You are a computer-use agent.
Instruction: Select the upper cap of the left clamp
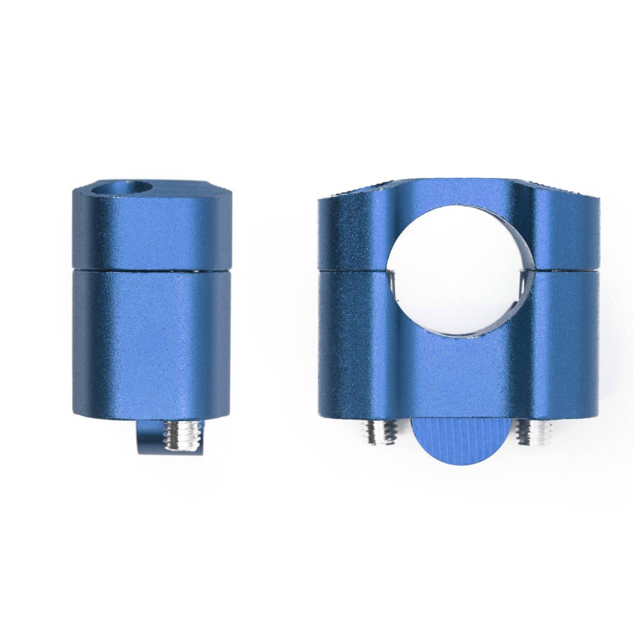(150, 233)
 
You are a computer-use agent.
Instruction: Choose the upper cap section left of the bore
(352, 233)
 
